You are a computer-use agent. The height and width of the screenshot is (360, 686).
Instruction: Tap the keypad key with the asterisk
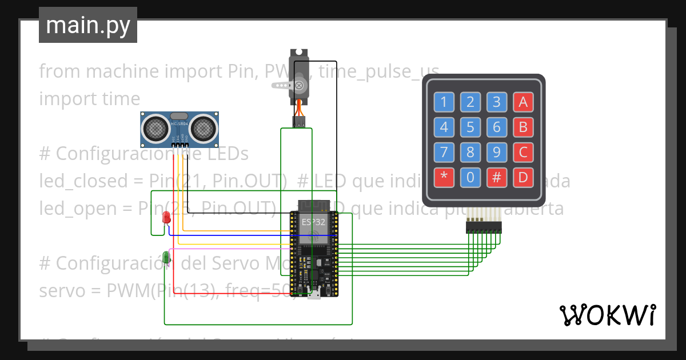(444, 178)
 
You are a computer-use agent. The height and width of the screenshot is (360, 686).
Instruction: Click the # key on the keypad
(497, 178)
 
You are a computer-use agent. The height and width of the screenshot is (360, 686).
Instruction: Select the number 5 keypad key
(470, 127)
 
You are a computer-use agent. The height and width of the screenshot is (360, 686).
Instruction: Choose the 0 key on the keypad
(470, 178)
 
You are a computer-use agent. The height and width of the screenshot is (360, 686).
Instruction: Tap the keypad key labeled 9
(497, 153)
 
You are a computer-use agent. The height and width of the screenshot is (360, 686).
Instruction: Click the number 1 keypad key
(444, 102)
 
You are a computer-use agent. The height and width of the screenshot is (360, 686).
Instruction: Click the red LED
(166, 218)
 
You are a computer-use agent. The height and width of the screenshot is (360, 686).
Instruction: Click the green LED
(166, 258)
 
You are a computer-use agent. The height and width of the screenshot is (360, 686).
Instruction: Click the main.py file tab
(88, 25)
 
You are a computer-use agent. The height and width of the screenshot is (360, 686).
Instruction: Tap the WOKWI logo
(607, 315)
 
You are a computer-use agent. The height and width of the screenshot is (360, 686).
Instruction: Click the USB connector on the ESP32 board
(314, 295)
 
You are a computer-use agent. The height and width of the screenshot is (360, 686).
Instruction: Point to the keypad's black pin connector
(484, 228)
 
